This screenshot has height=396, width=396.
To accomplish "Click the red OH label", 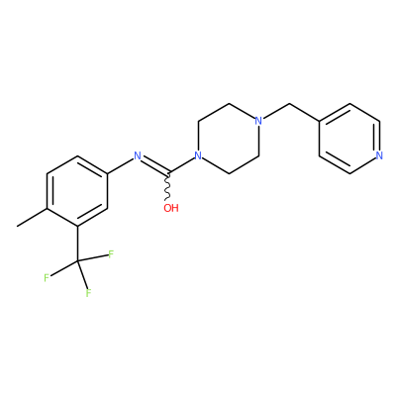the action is (x=171, y=208).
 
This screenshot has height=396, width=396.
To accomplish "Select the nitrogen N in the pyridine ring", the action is (x=379, y=155).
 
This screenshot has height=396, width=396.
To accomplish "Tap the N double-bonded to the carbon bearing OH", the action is (x=138, y=155).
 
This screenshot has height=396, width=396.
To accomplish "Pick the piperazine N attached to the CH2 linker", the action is (x=258, y=121).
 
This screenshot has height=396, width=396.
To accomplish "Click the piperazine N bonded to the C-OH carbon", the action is (x=198, y=155).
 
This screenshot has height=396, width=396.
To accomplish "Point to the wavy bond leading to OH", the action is (x=167, y=186).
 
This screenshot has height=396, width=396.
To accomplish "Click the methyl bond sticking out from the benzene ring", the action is (x=33, y=218).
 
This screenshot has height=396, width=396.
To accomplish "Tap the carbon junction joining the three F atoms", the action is (x=78, y=261).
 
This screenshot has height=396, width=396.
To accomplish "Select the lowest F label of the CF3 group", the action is (x=88, y=293).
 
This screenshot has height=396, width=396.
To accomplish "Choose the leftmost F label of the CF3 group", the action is (x=47, y=278).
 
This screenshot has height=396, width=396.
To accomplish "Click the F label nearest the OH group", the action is (x=111, y=254).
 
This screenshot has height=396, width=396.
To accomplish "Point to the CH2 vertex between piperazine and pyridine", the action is (x=289, y=104).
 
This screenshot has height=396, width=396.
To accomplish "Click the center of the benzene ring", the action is (x=77, y=191).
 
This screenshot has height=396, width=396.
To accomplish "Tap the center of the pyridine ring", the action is (x=349, y=139).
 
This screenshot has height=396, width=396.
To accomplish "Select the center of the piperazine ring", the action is (x=229, y=139).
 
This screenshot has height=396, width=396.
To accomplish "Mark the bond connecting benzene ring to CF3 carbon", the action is (x=78, y=244).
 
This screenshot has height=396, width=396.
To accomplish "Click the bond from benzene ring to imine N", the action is (x=121, y=165).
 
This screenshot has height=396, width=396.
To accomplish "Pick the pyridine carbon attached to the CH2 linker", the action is (x=320, y=121).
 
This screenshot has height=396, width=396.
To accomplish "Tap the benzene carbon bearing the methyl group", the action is (x=48, y=209).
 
